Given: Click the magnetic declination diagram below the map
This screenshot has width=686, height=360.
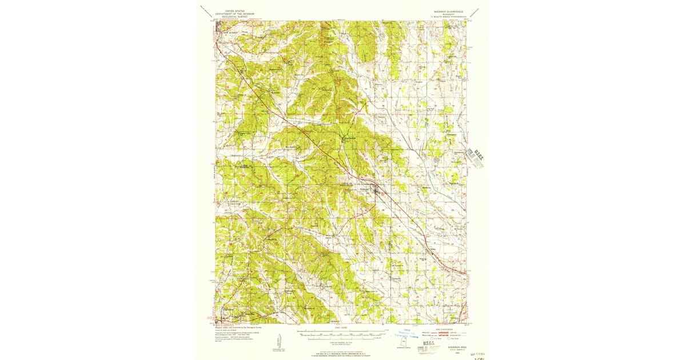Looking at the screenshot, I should pos(279,341).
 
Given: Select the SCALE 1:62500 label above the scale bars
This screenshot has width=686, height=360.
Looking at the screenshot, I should pos(341,327).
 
